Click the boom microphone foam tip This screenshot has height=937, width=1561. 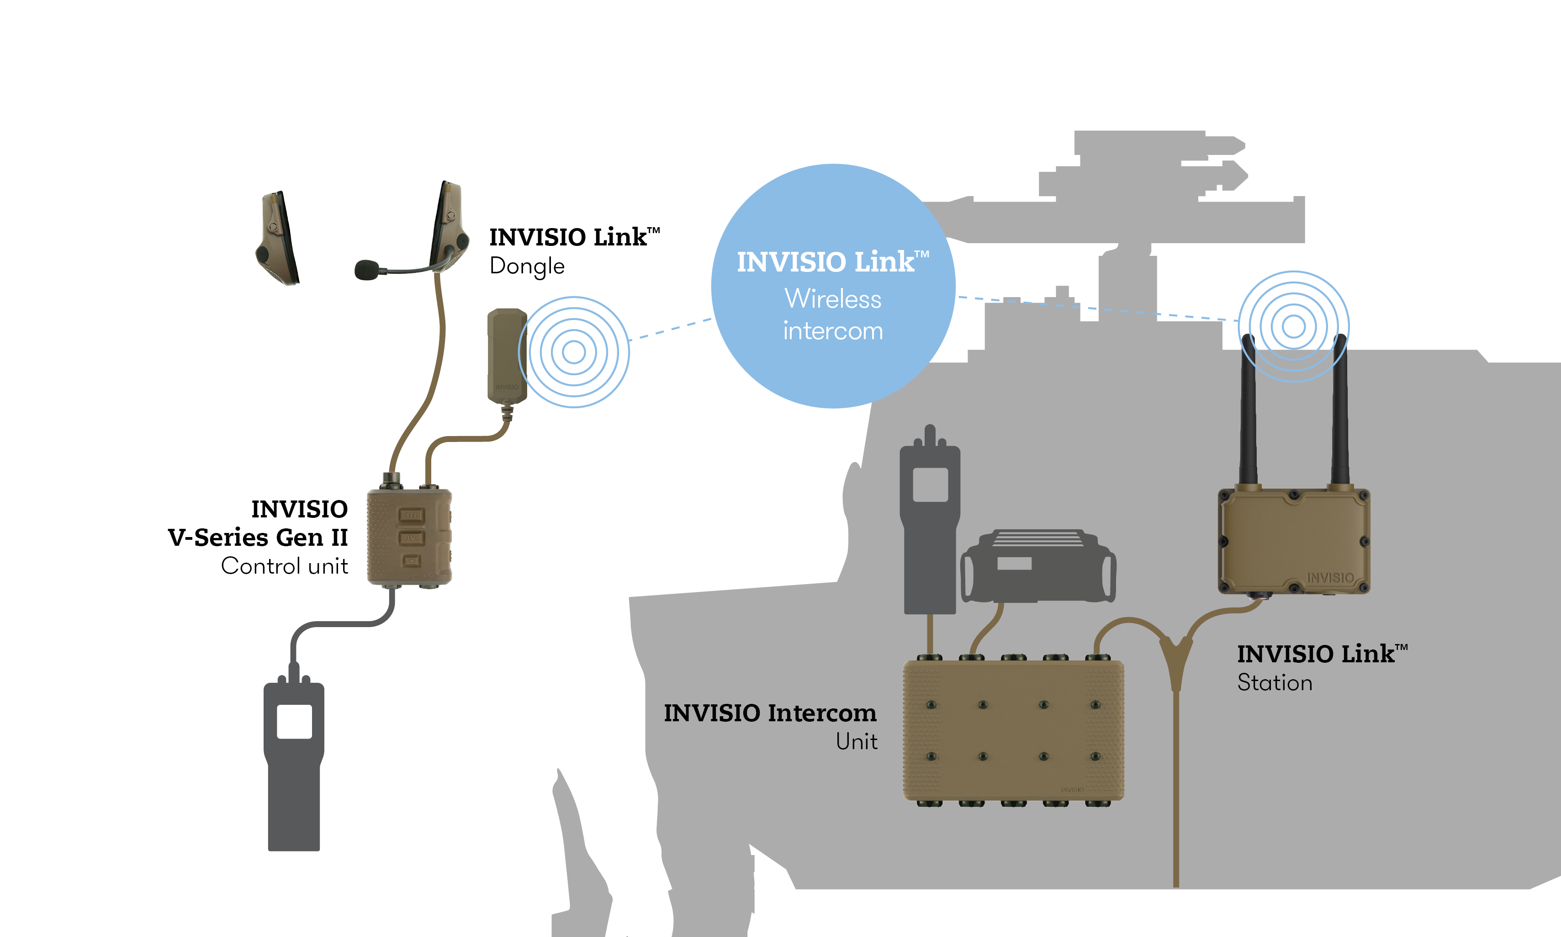point(366,270)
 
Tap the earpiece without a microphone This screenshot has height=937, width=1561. point(278,239)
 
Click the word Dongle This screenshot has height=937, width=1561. point(527,266)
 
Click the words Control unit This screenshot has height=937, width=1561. point(285,566)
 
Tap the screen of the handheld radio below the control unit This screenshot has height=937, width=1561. point(294,721)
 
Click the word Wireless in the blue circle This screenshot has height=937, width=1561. point(833,298)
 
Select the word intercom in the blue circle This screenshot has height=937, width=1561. point(833,331)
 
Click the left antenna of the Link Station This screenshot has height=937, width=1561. point(1248,410)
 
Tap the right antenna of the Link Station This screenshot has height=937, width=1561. point(1339,410)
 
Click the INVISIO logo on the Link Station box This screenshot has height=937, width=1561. point(1330,578)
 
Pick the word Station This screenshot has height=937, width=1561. point(1275,682)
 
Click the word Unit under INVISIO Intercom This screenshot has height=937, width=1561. point(856,741)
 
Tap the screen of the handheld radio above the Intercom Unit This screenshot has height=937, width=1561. point(930,484)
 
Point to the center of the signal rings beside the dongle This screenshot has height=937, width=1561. point(573,351)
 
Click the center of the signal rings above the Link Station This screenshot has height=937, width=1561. point(1293,326)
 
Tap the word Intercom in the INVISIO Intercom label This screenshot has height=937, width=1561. point(822,713)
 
